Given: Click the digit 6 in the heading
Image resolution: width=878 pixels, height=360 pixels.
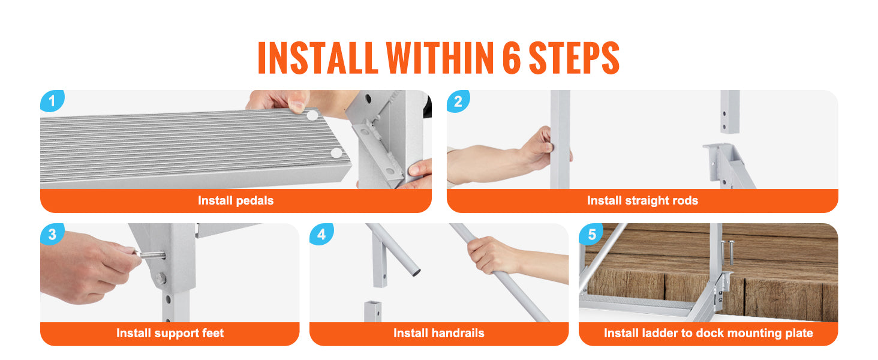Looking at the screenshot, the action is (x=512, y=58).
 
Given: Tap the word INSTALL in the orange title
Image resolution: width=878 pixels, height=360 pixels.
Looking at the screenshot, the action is (x=317, y=58).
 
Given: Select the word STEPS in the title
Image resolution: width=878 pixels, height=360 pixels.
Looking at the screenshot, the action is (x=574, y=58).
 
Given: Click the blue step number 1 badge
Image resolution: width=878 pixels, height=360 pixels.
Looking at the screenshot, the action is (x=52, y=101).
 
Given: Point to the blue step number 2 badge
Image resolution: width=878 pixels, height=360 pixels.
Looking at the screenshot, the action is (x=458, y=101).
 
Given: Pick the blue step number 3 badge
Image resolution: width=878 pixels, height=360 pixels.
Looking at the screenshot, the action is (x=52, y=234).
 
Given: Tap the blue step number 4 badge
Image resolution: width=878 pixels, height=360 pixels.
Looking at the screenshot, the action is (x=321, y=234).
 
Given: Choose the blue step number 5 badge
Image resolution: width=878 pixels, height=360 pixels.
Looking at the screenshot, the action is (x=591, y=234).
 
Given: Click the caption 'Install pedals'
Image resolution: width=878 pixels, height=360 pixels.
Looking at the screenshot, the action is (x=236, y=201).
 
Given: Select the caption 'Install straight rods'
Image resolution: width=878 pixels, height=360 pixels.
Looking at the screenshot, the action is (x=642, y=201).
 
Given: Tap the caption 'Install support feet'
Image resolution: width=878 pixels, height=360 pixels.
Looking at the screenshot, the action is (x=170, y=334).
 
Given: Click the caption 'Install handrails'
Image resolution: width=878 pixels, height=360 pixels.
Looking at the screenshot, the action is (x=438, y=334).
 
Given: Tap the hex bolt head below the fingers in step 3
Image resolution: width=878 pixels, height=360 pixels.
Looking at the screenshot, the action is (x=161, y=279).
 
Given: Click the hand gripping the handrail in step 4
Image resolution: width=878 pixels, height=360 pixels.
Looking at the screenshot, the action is (x=492, y=255).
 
